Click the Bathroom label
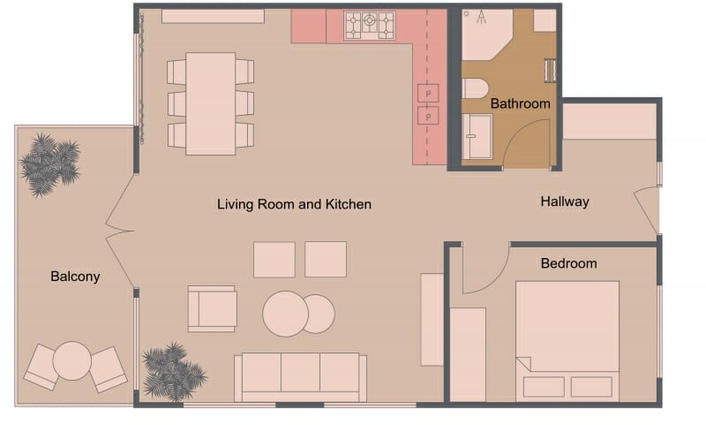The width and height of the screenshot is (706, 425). (x=520, y=103)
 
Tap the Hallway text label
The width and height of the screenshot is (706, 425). (x=564, y=201)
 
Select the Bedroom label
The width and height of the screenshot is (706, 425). (x=568, y=263)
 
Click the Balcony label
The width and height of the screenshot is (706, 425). (x=75, y=277)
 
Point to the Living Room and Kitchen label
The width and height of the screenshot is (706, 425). (x=294, y=204)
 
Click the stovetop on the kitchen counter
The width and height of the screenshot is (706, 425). (x=370, y=25)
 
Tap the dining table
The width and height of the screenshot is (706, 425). (x=210, y=102)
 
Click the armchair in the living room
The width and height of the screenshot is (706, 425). (x=212, y=308)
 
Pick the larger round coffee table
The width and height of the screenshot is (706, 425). (x=284, y=314)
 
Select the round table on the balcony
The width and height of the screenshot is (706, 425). (x=72, y=360)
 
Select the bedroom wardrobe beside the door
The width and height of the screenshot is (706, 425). (x=468, y=353)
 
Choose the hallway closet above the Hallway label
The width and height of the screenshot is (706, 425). (x=609, y=121)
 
